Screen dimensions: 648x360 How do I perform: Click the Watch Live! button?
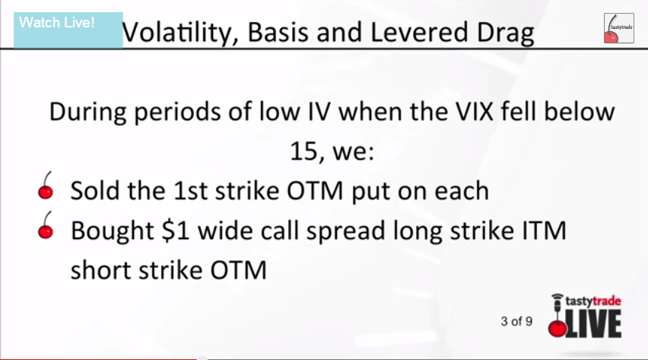point(68,30)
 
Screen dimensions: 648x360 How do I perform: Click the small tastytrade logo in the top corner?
point(618,28)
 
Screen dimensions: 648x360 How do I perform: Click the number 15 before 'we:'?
point(304,151)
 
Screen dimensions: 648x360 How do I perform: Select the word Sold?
point(94,191)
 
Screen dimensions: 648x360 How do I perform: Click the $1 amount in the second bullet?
point(176,231)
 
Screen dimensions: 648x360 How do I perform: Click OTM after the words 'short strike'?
point(239,270)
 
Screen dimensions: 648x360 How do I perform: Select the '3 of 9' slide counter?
point(516,321)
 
